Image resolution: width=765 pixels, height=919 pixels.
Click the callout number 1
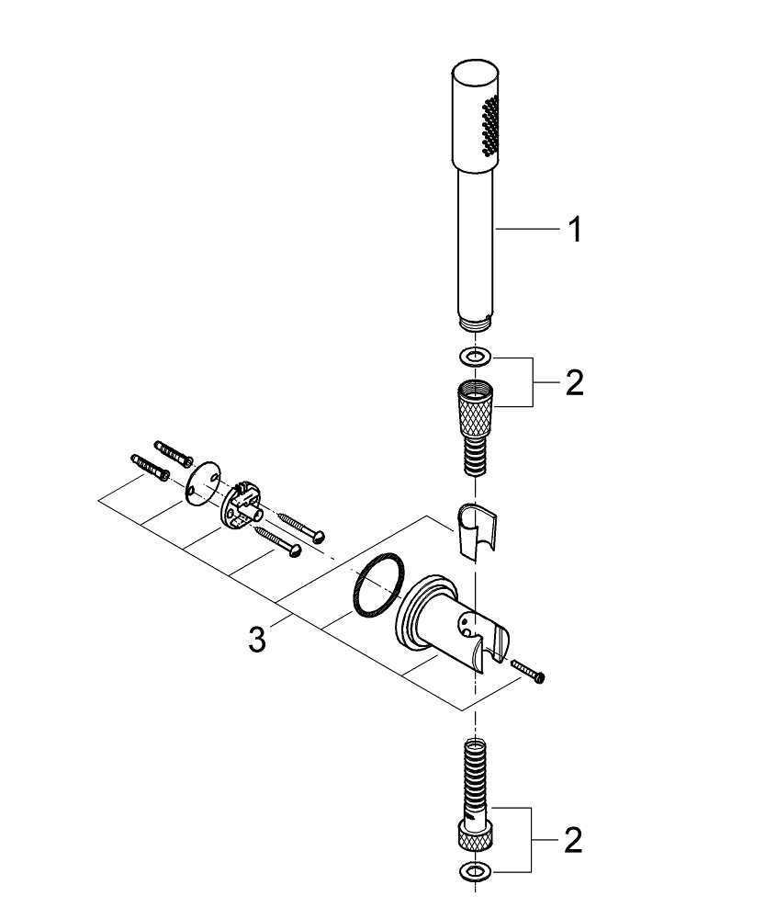pos(573,230)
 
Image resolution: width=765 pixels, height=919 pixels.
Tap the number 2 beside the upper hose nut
pos(573,381)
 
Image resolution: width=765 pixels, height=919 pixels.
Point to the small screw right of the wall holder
pos(530,671)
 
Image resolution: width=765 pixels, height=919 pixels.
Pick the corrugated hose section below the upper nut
pos(474,452)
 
